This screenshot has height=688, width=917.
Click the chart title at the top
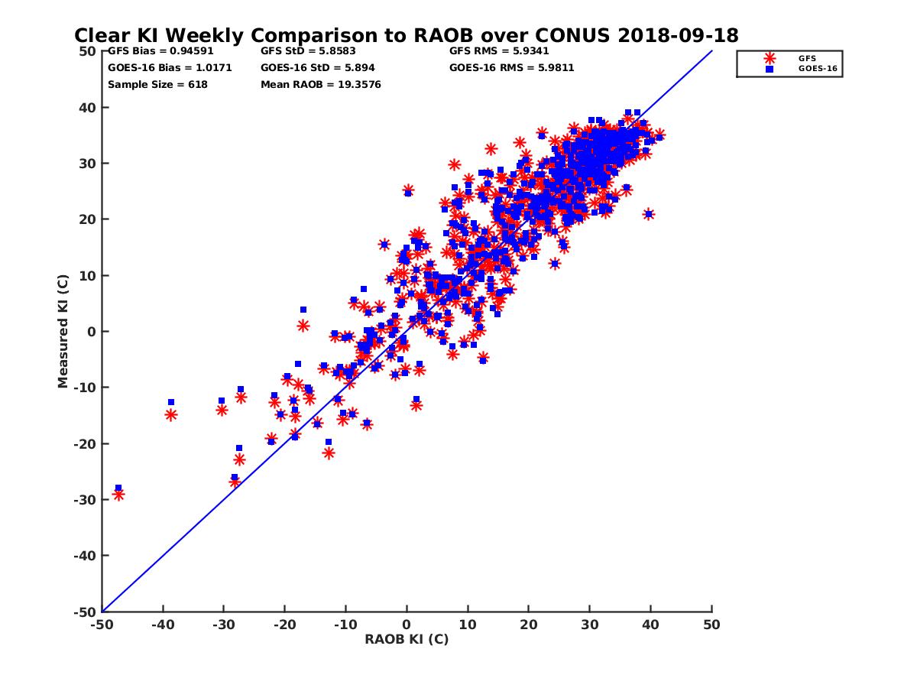406,35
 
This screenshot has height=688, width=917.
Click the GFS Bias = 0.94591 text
151,52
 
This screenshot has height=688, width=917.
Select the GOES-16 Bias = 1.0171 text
170,68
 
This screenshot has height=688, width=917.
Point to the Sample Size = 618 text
157,85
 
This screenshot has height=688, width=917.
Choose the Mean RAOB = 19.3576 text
321,85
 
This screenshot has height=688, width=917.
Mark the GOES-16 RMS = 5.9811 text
512,68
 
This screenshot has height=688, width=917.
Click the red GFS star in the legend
770,58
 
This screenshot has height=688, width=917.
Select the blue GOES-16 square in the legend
770,69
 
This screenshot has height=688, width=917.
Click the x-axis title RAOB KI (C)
407,639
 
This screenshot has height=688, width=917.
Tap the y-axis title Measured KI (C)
63,332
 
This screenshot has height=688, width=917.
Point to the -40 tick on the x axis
162,625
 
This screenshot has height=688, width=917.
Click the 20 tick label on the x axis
529,625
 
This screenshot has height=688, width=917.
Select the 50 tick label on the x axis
711,625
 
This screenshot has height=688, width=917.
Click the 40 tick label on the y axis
88,107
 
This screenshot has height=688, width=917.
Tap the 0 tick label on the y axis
92,331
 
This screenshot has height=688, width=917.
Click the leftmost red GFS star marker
118,495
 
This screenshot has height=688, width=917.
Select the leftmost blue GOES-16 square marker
118,488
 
